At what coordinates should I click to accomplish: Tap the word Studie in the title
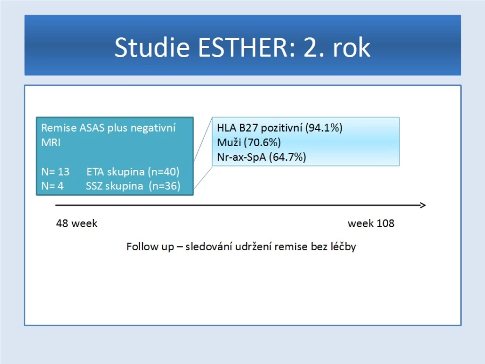coord(152,47)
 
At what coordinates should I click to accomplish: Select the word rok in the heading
coord(351,47)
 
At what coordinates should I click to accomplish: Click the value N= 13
coord(56,171)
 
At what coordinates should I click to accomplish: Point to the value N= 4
coord(52,186)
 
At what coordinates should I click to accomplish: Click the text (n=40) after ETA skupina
coord(163,172)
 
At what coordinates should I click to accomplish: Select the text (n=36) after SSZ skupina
coord(164,186)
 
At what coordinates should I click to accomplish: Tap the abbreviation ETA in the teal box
coord(94,171)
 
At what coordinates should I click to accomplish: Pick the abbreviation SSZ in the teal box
coord(94,186)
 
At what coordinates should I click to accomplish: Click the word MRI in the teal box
coord(51,142)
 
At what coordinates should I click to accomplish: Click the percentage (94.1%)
coord(324,128)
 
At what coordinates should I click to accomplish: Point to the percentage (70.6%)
coord(262,142)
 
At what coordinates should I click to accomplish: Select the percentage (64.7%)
coord(287,157)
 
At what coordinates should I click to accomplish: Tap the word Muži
coord(229,142)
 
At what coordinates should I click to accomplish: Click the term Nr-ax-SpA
coord(241,157)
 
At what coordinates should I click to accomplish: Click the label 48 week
coord(77,223)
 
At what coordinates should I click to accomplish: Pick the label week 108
coord(371,223)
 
